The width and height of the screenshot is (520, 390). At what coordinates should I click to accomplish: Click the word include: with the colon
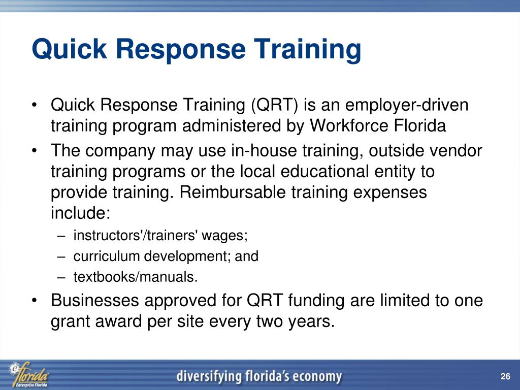click(x=80, y=213)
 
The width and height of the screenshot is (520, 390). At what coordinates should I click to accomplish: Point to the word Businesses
click(x=95, y=301)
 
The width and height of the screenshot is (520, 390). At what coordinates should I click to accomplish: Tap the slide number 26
click(x=504, y=376)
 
